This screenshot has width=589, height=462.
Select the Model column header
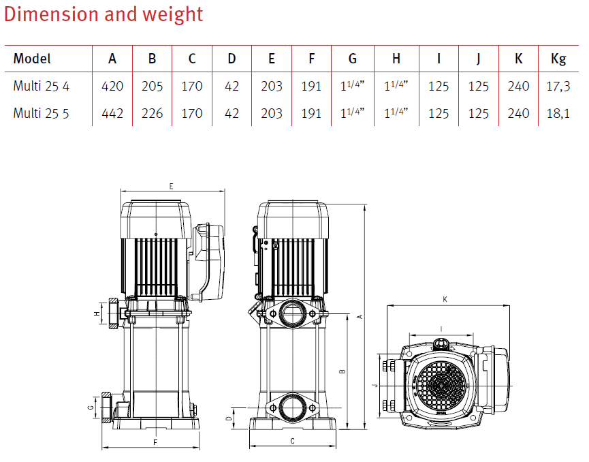[32, 59]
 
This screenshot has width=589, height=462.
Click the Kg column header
[558, 59]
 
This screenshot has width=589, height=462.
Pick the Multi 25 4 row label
[41, 86]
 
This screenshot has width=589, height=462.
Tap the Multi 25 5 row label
[41, 112]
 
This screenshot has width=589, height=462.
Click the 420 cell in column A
[112, 86]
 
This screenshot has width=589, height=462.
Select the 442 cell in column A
[112, 112]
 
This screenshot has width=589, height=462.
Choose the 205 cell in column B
[152, 86]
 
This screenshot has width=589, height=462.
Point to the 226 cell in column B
[152, 112]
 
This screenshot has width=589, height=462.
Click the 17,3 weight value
[558, 86]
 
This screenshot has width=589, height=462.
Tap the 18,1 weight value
[558, 112]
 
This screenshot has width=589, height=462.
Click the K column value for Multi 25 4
[518, 86]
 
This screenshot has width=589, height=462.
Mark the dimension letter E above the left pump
[171, 185]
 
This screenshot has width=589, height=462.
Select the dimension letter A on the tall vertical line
[359, 316]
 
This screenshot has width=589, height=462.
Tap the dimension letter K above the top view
[445, 299]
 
